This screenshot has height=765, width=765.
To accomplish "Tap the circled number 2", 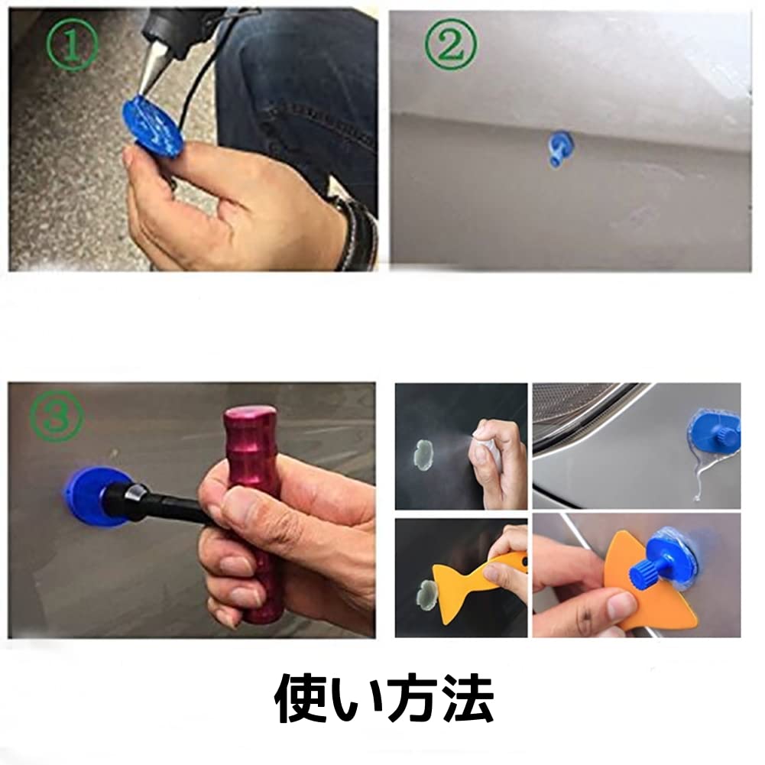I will [x=449, y=46].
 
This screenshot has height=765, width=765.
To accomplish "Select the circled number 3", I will [x=56, y=416].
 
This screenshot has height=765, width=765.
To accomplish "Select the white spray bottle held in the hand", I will [x=489, y=451].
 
